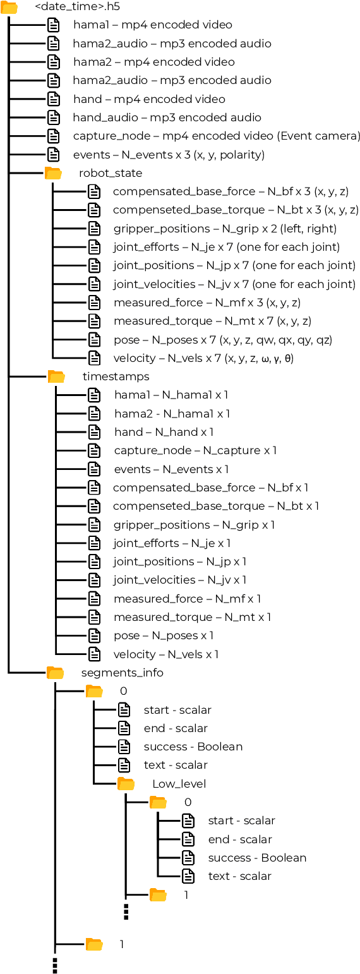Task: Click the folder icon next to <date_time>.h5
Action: point(9,8)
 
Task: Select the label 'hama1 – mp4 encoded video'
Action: point(152,25)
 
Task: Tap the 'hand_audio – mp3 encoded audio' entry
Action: point(167,117)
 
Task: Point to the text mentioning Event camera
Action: point(217,136)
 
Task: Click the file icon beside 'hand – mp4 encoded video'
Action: point(54,99)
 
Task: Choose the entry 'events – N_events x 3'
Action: point(169,155)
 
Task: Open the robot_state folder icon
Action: point(53,173)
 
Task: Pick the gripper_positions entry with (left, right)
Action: point(225,229)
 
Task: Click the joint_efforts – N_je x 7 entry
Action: point(226,247)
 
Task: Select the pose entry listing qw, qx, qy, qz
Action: point(222,340)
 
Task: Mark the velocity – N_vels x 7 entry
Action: point(203,358)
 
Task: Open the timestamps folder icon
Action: point(56,377)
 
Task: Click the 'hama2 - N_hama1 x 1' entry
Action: point(172,414)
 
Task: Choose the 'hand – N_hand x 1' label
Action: point(164,432)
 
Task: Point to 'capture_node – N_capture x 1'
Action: point(195,450)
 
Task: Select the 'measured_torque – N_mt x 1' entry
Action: point(192,617)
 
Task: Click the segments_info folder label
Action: point(122,673)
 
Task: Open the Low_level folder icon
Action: point(126,784)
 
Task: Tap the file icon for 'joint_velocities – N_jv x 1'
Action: point(94,580)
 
